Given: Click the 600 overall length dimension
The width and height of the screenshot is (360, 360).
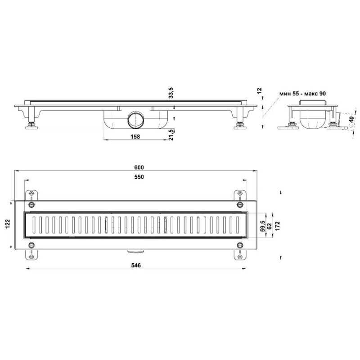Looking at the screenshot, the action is coord(139,167).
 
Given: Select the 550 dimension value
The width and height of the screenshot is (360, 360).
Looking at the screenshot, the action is coord(139,177).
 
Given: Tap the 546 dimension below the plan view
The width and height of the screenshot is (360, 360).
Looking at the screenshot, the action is coord(136,265).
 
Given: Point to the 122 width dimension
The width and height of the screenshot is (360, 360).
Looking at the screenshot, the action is coord(8,224).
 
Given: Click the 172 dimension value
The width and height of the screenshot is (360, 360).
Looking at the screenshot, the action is coord(278,226).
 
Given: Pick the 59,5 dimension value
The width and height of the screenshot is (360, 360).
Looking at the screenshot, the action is coord(263,226).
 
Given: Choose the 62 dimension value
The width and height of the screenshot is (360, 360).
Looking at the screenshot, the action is coord(270,226).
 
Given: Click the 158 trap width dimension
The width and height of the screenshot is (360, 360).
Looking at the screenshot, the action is coord(135,137).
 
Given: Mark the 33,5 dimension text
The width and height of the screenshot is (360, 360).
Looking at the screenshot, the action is coord(171,93).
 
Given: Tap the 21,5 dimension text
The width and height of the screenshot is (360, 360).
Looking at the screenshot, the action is coord(171,135).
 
